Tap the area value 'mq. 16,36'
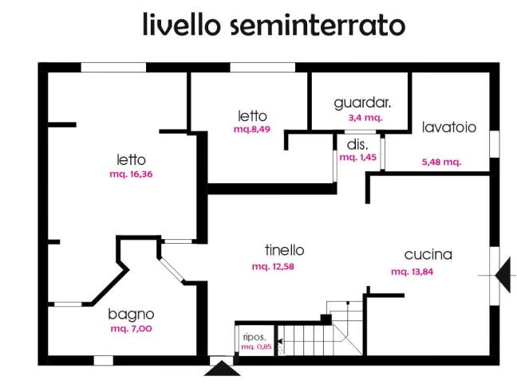130,174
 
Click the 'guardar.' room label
362,104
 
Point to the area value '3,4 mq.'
365,117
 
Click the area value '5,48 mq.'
441,162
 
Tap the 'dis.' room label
357,144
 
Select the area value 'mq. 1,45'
357,157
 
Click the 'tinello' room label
285,250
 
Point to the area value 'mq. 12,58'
273,266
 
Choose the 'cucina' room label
428,255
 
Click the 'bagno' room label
131,314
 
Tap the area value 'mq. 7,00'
130,328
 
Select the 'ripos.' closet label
255,336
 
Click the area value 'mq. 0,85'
256,347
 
